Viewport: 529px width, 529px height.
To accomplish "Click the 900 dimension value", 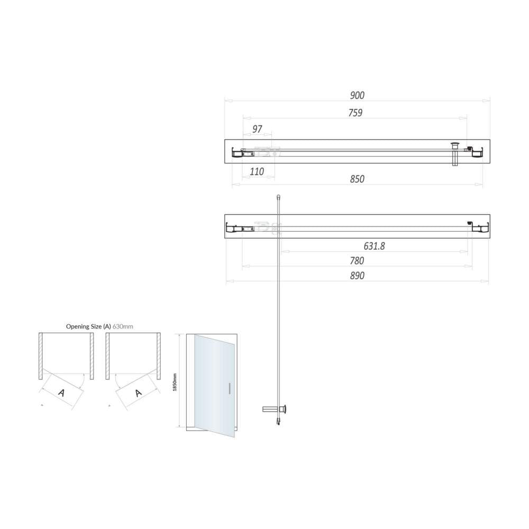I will pyautogui.click(x=357, y=96).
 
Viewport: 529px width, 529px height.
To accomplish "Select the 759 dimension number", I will pyautogui.click(x=355, y=113).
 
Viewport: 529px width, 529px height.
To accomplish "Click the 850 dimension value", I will pyautogui.click(x=357, y=179).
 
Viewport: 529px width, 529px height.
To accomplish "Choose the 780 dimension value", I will pyautogui.click(x=357, y=261).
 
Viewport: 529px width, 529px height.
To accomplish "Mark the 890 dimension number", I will pyautogui.click(x=357, y=276).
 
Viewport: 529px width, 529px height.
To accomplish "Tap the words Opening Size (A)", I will pyautogui.click(x=88, y=326).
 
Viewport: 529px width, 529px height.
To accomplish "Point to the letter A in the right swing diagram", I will pyautogui.click(x=139, y=393).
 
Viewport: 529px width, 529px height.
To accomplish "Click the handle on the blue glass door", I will pyautogui.click(x=229, y=388).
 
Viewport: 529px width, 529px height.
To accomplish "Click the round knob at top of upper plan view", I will pyautogui.click(x=454, y=143).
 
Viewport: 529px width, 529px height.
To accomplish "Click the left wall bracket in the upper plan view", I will pyautogui.click(x=236, y=153).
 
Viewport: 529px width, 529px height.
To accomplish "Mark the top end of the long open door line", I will pyautogui.click(x=278, y=197).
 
